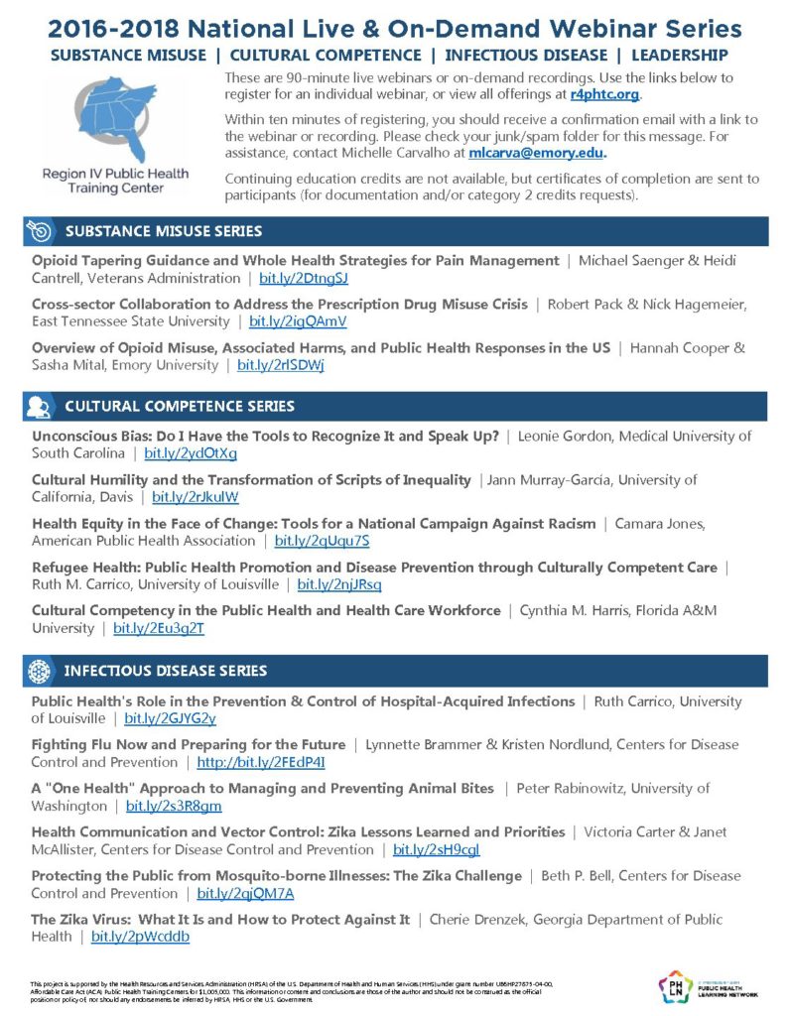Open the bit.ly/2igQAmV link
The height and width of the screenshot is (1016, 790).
coord(298,321)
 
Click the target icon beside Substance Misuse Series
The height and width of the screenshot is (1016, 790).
coord(40,231)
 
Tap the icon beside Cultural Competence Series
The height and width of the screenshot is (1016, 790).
coord(40,406)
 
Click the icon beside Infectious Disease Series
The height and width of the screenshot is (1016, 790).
coord(40,671)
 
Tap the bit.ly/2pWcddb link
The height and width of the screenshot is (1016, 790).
coord(140,936)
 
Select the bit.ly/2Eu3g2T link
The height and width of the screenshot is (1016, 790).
coord(159,628)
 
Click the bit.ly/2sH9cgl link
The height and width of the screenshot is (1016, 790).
coord(437,849)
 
